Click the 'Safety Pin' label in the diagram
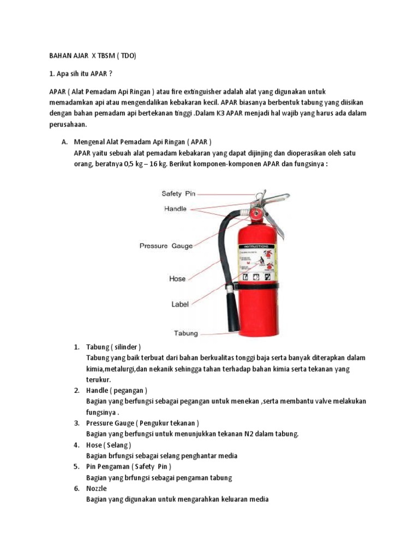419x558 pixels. pos(178,193)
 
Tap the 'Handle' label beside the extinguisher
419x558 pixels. pos(175,209)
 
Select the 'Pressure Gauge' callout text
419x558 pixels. pos(166,246)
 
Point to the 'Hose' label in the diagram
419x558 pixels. pos(177,278)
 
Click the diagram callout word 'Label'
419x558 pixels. pos(179,305)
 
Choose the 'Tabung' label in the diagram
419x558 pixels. pos(185,332)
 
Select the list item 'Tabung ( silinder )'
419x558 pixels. pos(113,347)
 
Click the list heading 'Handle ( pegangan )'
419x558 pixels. pos(116,391)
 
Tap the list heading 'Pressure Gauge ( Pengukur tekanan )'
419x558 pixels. pos(142,423)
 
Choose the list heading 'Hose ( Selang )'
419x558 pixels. pos(109,445)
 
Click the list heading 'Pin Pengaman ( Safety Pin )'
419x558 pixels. pos(129,467)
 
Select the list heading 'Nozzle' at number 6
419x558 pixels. pos(97,489)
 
